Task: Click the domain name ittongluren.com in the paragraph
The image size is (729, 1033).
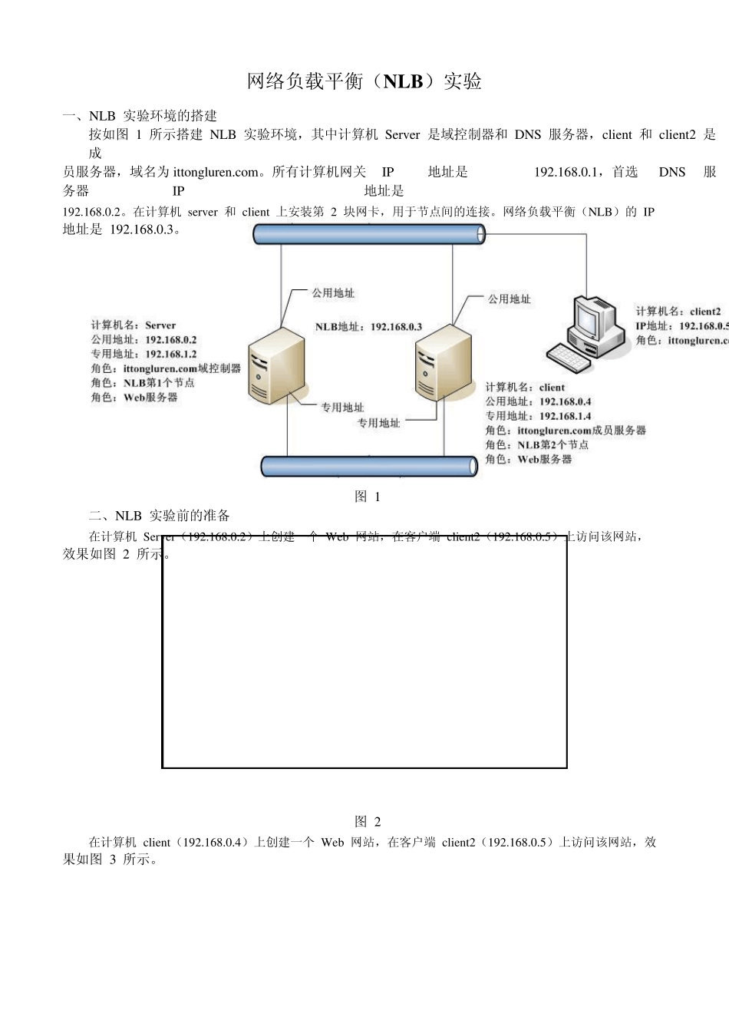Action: (x=216, y=172)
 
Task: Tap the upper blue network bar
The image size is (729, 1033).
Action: (x=369, y=233)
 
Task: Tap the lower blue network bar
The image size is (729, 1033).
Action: (x=369, y=466)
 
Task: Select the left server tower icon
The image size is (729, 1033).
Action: (x=276, y=365)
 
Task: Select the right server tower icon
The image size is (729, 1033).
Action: (x=444, y=362)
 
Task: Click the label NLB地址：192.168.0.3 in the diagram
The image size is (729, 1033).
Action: (x=368, y=327)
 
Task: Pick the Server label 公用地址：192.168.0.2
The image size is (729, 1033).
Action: (x=143, y=339)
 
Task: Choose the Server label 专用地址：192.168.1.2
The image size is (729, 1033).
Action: (x=143, y=354)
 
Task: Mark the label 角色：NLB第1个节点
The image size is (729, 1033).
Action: (x=143, y=382)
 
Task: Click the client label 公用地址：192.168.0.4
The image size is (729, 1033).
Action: (x=538, y=401)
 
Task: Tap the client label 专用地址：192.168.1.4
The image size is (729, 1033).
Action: (x=538, y=416)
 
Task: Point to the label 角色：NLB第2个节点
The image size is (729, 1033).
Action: (x=536, y=444)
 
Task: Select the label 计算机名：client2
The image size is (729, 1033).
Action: (x=678, y=312)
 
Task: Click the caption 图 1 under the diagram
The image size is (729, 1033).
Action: (x=368, y=497)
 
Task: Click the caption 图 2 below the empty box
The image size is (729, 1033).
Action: (x=368, y=821)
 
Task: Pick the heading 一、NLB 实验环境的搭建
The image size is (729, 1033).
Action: (x=140, y=116)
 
